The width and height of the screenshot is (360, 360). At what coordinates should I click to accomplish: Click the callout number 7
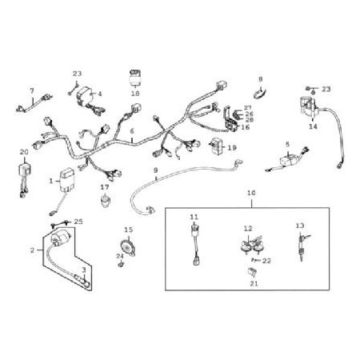click(x=32, y=91)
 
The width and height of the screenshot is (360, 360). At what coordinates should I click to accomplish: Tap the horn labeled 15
click(x=127, y=247)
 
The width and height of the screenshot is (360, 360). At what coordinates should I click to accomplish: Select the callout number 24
click(x=120, y=256)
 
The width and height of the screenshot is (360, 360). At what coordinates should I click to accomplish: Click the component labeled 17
click(x=106, y=201)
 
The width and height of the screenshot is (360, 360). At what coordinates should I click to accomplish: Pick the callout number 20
click(x=24, y=152)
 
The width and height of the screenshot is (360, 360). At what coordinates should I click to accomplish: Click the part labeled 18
click(x=135, y=78)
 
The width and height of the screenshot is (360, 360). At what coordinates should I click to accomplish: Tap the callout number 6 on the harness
click(x=132, y=131)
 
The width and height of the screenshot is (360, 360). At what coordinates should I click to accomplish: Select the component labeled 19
click(x=218, y=146)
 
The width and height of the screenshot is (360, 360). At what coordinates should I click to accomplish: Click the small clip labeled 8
click(x=259, y=93)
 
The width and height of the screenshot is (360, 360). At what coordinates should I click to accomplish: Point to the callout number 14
click(x=314, y=126)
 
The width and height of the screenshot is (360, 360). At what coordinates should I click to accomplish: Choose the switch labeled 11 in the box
click(x=196, y=245)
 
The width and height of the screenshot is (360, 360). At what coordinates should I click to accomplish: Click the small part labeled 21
click(x=252, y=272)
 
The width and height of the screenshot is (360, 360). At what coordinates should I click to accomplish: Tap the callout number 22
click(x=266, y=261)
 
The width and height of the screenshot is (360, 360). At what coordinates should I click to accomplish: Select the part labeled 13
click(x=302, y=246)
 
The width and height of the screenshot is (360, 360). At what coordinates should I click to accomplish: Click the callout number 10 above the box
click(x=251, y=193)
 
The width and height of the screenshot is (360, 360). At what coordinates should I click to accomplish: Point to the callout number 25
click(x=78, y=222)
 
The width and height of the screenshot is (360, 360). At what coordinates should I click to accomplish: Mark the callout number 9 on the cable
click(x=156, y=170)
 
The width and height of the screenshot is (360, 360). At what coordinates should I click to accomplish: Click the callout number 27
click(x=248, y=108)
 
